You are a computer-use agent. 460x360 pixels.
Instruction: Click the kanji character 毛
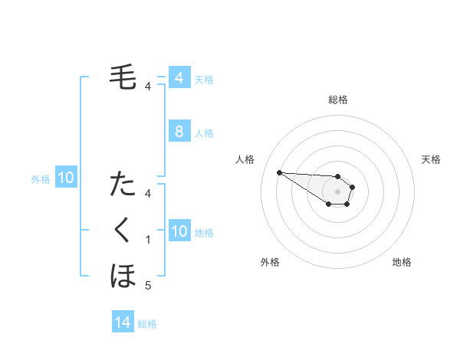[123, 77]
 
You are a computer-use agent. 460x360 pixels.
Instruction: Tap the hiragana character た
[123, 185]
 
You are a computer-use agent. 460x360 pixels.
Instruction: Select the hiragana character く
[123, 230]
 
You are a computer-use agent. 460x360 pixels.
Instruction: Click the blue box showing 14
[123, 323]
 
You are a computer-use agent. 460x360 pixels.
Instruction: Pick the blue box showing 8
[179, 131]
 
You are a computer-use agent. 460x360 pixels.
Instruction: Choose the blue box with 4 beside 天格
[179, 78]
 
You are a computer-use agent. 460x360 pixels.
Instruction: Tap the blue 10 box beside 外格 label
[66, 178]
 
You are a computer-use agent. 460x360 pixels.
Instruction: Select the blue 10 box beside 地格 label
[179, 231]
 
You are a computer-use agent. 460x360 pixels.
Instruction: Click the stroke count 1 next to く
[148, 240]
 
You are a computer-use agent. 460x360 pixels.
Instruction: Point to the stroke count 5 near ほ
[148, 286]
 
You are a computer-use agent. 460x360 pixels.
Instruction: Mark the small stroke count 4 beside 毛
[148, 87]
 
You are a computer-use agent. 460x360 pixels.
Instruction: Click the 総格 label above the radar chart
[337, 100]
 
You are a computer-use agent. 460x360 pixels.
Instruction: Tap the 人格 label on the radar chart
[245, 159]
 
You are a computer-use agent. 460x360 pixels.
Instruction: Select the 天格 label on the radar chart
[431, 159]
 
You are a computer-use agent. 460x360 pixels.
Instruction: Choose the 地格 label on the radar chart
[402, 262]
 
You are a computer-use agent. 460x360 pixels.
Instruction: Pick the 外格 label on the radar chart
[270, 262]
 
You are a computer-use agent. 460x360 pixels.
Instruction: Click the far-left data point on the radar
[279, 172]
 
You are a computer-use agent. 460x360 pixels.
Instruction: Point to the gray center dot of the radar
[337, 191]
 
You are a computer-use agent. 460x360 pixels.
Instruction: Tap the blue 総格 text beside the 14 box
[147, 324]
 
